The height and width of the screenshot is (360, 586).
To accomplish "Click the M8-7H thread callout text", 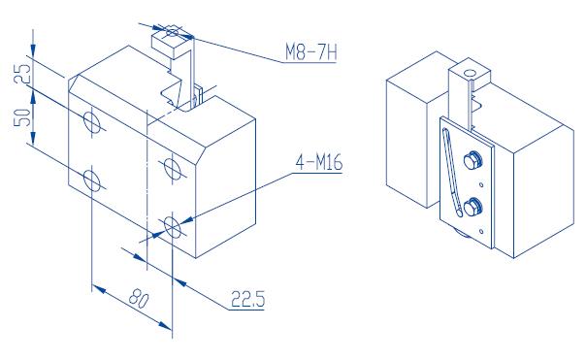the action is coord(310,52).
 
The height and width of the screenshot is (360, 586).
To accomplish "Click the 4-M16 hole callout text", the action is coord(319,163).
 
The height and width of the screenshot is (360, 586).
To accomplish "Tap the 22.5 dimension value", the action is coord(247,299).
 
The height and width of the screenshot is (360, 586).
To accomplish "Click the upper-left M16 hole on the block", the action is coord(91,122).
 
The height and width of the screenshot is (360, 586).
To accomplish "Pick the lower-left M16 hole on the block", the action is coord(91,180).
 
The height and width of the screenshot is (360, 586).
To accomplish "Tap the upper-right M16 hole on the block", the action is coord(173,169).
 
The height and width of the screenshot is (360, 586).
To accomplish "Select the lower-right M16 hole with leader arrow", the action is coord(173,225).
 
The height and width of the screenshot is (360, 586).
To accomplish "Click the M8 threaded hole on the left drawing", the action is coord(172,32).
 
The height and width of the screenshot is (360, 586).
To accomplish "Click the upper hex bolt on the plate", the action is coord(472,161).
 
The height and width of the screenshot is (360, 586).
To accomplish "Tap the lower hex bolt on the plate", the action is coord(472,207).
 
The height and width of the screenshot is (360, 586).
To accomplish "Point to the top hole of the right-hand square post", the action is coord(471,73).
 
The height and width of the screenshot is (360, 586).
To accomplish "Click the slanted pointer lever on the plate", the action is coord(452,172).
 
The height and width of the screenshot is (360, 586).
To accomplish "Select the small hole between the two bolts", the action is coord(481,184).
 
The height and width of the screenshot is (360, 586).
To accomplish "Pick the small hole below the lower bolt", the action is coord(481,232).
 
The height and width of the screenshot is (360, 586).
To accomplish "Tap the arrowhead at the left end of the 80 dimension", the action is coord(99,289).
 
